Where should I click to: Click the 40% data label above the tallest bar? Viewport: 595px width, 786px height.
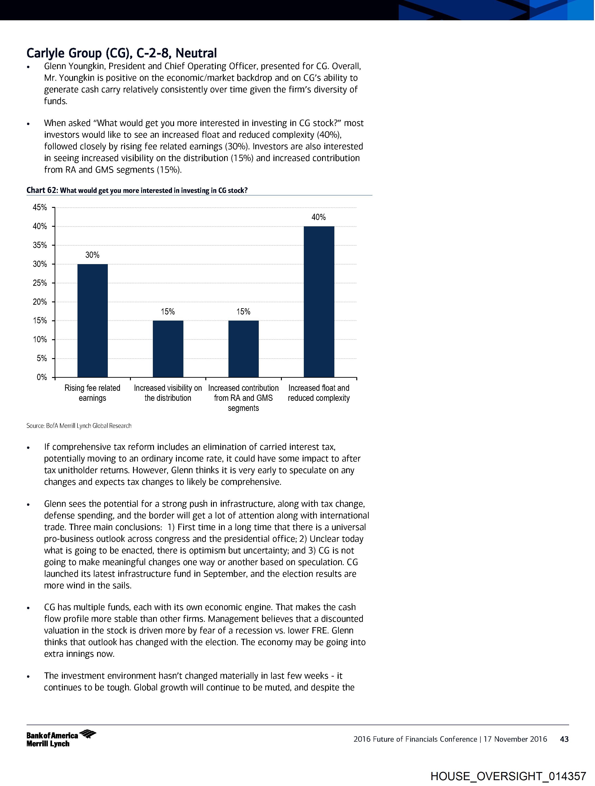(x=318, y=217)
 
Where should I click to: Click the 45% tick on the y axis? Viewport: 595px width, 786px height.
(x=40, y=207)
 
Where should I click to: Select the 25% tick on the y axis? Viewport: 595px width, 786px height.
(x=40, y=283)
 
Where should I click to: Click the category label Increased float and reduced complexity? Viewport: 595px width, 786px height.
(x=319, y=393)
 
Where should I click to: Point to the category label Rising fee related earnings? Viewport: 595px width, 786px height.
(x=92, y=393)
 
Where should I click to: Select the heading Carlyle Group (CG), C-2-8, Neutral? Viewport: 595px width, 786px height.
(x=122, y=53)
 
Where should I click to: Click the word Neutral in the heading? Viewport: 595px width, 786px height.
(x=196, y=53)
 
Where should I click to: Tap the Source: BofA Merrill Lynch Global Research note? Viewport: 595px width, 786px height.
(x=79, y=426)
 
